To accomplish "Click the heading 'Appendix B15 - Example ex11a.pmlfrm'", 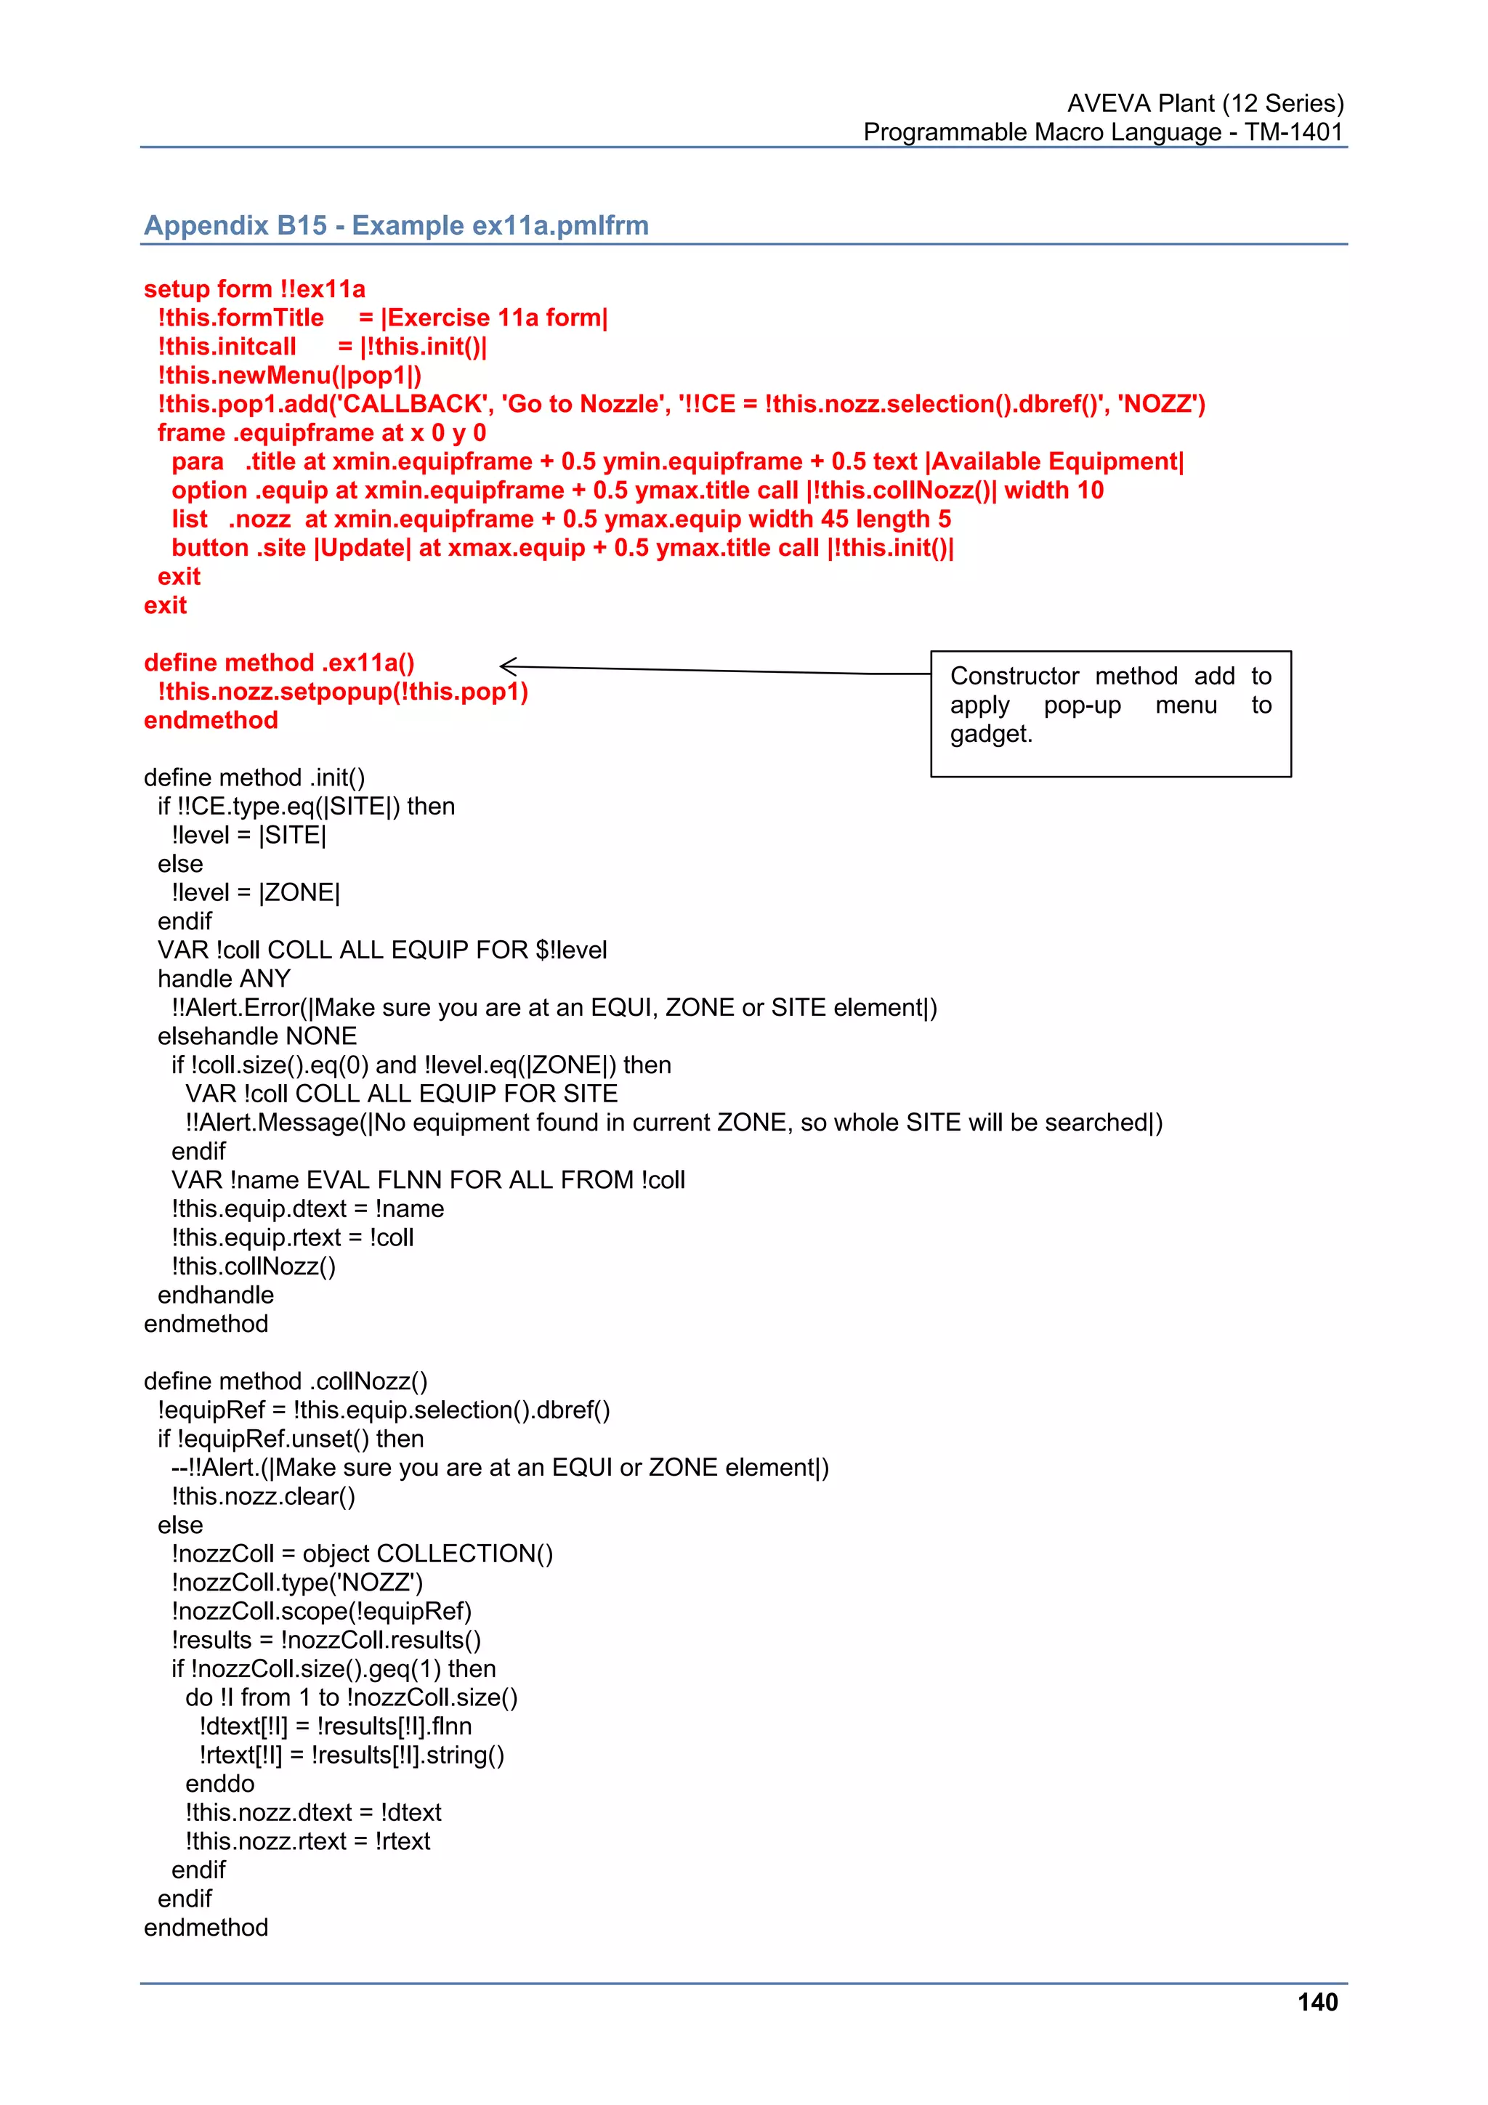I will tap(396, 225).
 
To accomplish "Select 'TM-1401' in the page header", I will tap(1293, 132).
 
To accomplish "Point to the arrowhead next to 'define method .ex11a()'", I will tap(508, 666).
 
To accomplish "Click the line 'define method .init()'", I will tap(254, 777).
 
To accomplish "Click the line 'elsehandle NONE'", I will tap(256, 1036).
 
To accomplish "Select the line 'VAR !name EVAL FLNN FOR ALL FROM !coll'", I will tap(428, 1180).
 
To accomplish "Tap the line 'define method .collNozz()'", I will tap(285, 1381).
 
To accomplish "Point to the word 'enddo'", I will tap(220, 1783).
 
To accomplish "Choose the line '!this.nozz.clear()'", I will tap(263, 1496).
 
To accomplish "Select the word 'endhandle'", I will tap(216, 1295).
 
